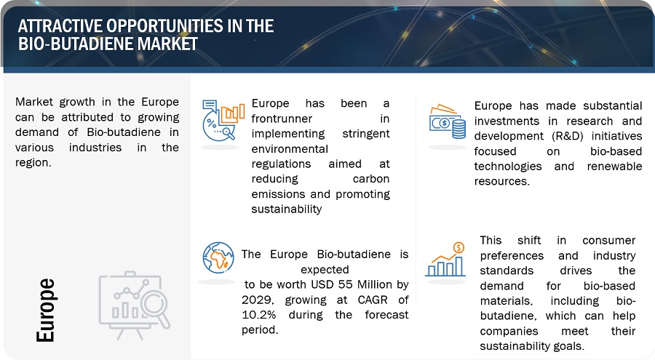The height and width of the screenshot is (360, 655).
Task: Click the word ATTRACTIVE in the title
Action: (x=60, y=26)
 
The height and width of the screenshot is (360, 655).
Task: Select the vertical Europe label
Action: (x=46, y=310)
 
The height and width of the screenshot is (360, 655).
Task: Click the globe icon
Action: (x=218, y=257)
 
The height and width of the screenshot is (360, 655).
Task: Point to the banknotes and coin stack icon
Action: (x=448, y=121)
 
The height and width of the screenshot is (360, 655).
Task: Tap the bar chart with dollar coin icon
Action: (x=445, y=260)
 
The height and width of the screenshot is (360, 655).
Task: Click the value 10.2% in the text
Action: (x=258, y=314)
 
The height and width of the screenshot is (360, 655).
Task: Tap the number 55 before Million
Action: (x=346, y=284)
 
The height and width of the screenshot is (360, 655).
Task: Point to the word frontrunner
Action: (x=282, y=119)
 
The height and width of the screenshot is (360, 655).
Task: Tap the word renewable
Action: (x=614, y=167)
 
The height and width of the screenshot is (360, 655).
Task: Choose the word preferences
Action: (x=512, y=255)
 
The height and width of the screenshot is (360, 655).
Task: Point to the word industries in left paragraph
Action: (x=95, y=148)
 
